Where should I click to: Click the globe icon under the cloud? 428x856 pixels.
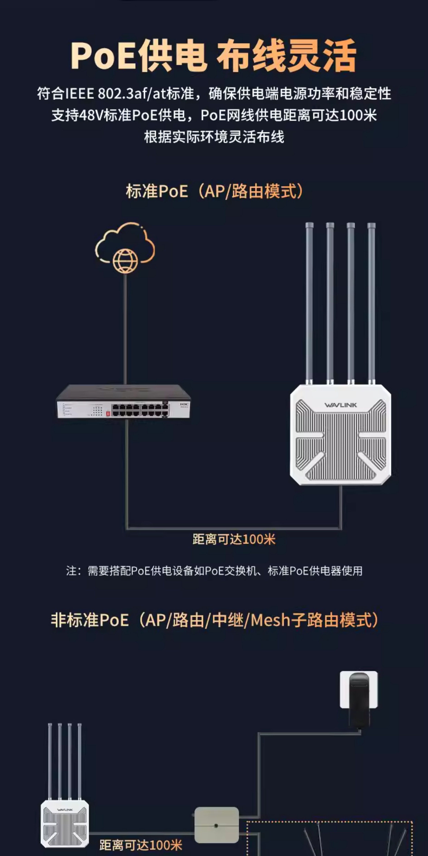tap(125, 261)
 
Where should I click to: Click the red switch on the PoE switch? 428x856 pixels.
tap(108, 413)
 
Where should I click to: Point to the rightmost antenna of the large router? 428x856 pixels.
tap(371, 302)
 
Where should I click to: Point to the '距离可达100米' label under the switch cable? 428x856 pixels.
tap(234, 539)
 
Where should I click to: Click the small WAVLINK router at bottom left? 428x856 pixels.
tap(65, 823)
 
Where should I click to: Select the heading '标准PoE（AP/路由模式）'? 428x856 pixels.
tap(214, 191)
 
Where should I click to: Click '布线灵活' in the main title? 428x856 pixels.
tap(286, 56)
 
